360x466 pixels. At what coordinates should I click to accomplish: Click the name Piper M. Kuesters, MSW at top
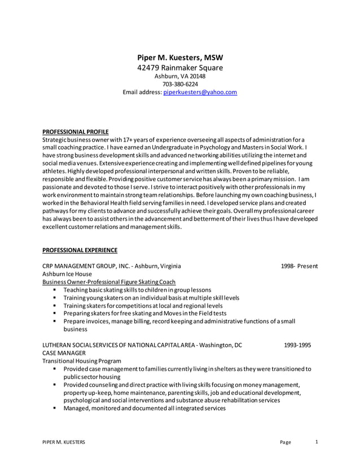click(x=180, y=58)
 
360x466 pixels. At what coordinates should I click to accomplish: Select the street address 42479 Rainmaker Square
click(x=180, y=68)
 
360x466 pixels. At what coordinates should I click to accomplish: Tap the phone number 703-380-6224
click(x=180, y=84)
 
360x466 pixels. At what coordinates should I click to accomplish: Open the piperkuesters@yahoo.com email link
click(x=200, y=92)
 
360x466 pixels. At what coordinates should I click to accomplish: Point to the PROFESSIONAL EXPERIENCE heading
click(x=80, y=250)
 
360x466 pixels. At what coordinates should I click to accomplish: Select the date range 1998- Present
click(x=299, y=266)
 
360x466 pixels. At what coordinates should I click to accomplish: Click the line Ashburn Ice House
click(x=67, y=274)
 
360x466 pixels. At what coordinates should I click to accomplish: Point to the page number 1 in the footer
click(x=317, y=442)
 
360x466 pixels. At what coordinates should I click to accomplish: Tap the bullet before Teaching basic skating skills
click(x=55, y=289)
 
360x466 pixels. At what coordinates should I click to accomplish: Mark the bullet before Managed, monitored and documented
click(x=55, y=408)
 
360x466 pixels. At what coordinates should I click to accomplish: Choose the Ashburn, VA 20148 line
click(x=180, y=76)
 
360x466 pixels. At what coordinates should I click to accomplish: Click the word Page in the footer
click(x=286, y=442)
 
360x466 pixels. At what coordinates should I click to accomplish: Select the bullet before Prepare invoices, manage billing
click(x=55, y=321)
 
